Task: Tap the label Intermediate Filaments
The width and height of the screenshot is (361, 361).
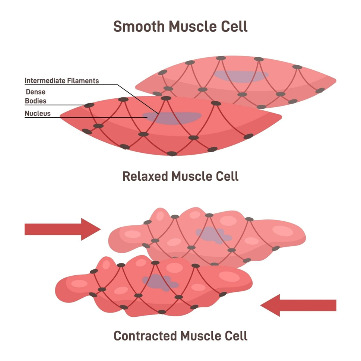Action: (x=61, y=80)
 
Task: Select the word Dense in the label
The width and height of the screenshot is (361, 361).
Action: (x=35, y=92)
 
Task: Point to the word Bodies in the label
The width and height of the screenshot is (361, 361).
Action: (x=35, y=101)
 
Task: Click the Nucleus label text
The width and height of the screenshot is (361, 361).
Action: (x=37, y=113)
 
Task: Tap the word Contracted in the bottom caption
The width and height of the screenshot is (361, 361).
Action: (x=145, y=336)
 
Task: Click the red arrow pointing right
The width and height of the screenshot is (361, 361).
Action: (x=62, y=229)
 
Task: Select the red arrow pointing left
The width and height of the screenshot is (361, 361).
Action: (x=298, y=305)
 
